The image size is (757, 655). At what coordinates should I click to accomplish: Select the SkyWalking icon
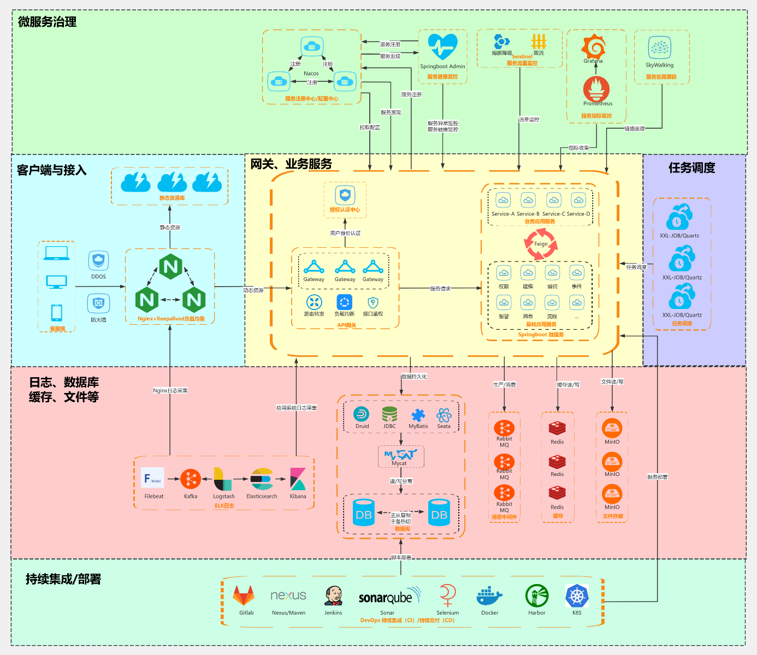pyautogui.click(x=659, y=48)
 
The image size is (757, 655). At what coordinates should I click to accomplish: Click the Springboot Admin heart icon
pyautogui.click(x=442, y=47)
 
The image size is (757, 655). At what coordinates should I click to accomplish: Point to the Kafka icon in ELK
pyautogui.click(x=191, y=480)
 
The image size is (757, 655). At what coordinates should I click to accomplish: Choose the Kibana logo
pyautogui.click(x=298, y=479)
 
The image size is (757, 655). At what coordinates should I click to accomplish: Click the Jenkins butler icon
pyautogui.click(x=333, y=596)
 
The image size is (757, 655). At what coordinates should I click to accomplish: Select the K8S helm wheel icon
pyautogui.click(x=577, y=596)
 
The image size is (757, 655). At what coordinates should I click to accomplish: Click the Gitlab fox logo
pyautogui.click(x=244, y=596)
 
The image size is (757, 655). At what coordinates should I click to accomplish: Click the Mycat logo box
pyautogui.click(x=400, y=456)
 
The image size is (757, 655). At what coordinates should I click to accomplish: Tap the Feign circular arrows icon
pyautogui.click(x=541, y=244)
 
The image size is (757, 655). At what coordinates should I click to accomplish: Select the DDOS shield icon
pyautogui.click(x=98, y=261)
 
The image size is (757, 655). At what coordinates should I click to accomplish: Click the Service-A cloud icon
pyautogui.click(x=503, y=200)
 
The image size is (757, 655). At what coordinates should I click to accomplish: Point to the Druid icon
pyautogui.click(x=362, y=414)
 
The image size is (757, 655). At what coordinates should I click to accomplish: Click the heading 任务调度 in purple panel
pyautogui.click(x=691, y=168)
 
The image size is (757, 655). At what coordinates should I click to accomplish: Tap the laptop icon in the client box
pyautogui.click(x=57, y=253)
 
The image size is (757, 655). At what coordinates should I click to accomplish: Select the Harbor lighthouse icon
pyautogui.click(x=537, y=596)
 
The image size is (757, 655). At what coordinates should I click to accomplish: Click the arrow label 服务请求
pyautogui.click(x=440, y=289)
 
